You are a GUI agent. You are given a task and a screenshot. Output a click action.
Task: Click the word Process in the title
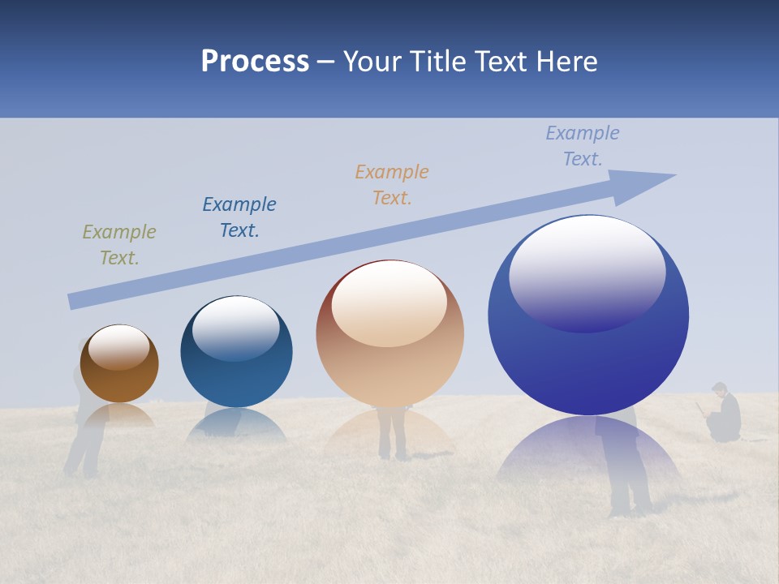(x=255, y=61)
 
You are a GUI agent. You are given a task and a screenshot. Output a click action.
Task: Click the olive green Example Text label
(x=119, y=245)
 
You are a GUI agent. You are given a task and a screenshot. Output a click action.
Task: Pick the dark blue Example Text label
(x=239, y=217)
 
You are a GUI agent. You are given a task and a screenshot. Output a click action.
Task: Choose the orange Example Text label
(x=392, y=184)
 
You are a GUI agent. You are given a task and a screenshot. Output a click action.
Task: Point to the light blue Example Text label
(x=583, y=145)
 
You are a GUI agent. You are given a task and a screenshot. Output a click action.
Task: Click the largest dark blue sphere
(x=588, y=365)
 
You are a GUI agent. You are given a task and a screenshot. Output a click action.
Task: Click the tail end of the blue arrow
(x=73, y=301)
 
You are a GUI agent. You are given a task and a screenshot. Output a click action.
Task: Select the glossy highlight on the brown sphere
(x=119, y=346)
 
